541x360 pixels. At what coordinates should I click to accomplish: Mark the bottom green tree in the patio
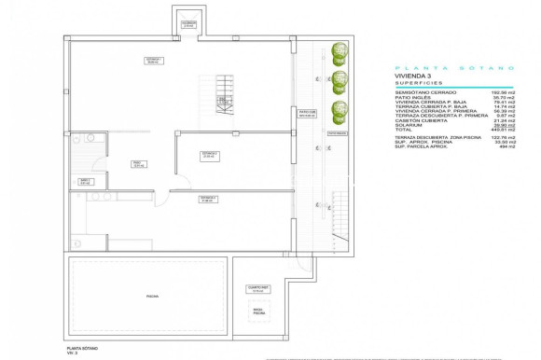click(x=340, y=109)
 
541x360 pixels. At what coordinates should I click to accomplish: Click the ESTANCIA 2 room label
click(x=209, y=154)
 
